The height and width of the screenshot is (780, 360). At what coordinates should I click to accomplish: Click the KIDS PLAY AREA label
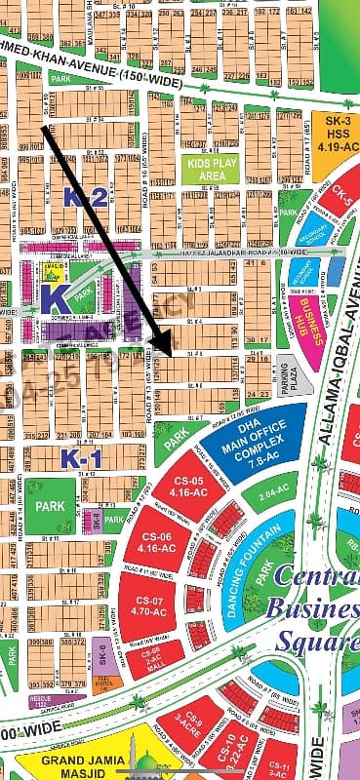coord(207,170)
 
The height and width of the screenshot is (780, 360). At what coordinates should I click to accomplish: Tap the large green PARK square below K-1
coord(48,506)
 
